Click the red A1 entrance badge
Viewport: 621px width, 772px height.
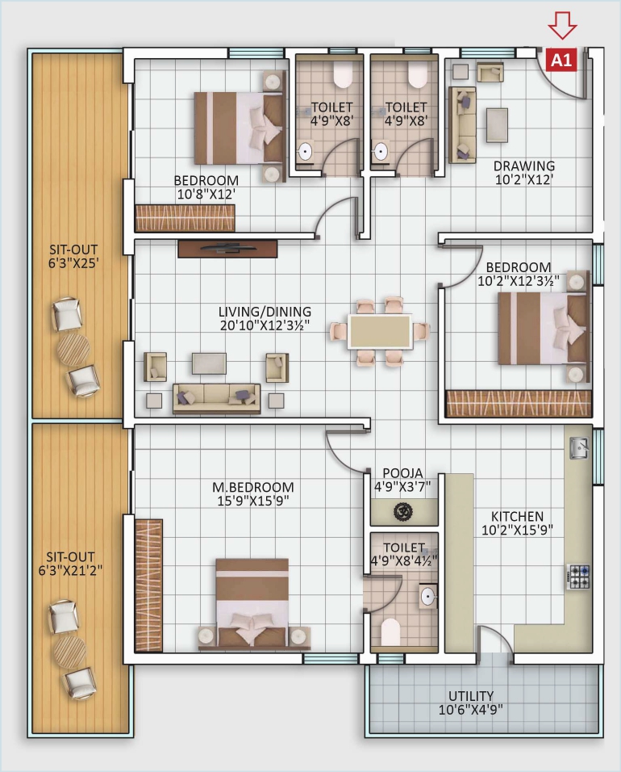[562, 60]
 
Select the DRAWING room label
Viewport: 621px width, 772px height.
[524, 166]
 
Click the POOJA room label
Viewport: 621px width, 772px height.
[403, 473]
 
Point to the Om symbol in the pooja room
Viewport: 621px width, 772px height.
[403, 511]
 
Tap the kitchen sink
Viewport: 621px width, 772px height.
[578, 446]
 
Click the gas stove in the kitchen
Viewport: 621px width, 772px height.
[578, 576]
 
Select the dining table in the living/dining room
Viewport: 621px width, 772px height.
[379, 332]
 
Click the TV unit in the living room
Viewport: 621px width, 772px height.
[227, 249]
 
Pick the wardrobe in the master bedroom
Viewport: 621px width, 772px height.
[148, 585]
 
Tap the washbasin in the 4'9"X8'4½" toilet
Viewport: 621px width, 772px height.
[428, 597]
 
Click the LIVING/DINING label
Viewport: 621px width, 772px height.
[265, 312]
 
